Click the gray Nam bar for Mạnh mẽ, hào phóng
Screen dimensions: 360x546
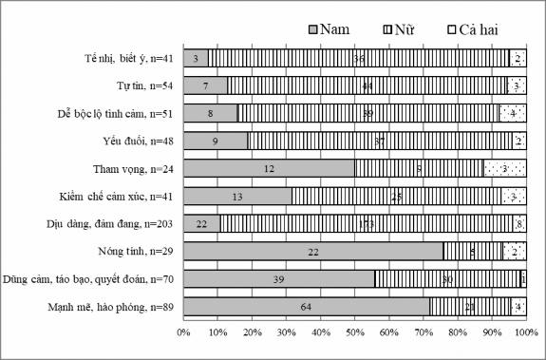[x=306, y=306]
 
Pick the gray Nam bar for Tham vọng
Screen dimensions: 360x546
[x=269, y=168]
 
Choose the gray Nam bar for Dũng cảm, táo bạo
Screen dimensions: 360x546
[x=279, y=278]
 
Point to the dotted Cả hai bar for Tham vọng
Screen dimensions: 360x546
[x=505, y=168]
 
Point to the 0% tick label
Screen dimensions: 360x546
[x=184, y=332]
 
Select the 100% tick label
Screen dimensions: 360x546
[x=525, y=332]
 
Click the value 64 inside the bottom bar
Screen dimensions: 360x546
[x=306, y=306]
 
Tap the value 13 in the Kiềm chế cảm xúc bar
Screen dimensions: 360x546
[x=237, y=196]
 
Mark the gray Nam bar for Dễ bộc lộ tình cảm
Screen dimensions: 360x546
[x=211, y=113]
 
